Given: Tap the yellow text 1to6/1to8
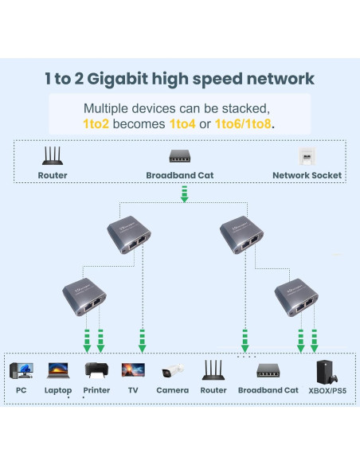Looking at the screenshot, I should coord(244,124).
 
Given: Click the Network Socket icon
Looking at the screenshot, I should coord(307,156).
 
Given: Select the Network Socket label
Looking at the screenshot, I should coord(307,175).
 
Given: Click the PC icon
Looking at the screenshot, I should coord(22,370).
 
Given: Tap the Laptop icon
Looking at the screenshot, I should coord(58,370).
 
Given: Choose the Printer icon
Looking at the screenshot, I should coord(96,370).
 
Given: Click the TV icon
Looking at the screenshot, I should coord(133,370).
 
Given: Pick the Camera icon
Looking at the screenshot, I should coord(173,371).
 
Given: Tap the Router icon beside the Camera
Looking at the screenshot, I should coord(213,370).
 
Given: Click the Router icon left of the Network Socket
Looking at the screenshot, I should coord(53,155).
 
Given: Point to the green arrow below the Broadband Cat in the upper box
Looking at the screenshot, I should coord(184,193).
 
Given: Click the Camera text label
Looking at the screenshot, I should coord(173,390).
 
